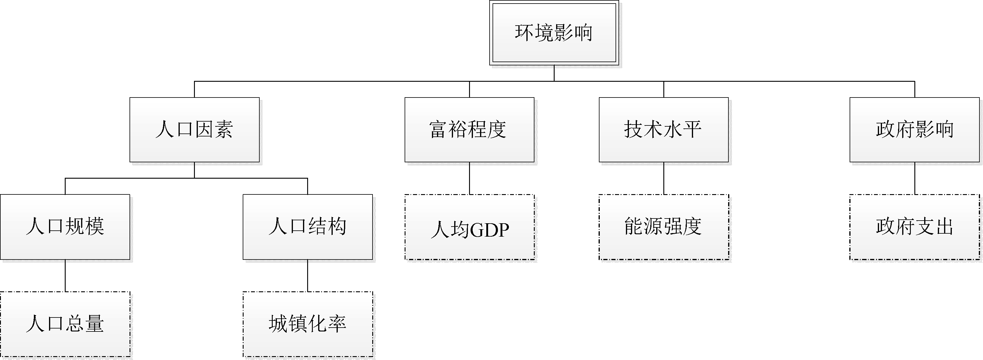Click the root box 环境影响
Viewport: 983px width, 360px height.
[x=554, y=33]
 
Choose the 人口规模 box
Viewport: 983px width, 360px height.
[x=65, y=227]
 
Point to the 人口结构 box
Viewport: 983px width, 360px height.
[x=307, y=227]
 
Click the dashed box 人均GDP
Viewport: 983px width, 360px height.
[x=469, y=227]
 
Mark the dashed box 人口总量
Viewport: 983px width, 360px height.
[x=65, y=324]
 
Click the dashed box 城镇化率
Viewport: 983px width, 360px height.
[x=307, y=324]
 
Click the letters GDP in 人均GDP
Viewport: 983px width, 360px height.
[x=490, y=230]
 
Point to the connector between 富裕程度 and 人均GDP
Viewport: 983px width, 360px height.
[x=469, y=178]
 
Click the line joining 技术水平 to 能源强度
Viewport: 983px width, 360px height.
[x=664, y=178]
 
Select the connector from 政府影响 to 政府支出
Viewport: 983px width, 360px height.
[x=915, y=178]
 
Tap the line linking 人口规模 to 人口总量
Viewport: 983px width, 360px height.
[x=65, y=276]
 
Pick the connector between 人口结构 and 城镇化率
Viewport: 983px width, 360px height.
[x=307, y=276]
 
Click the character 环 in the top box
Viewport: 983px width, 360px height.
[x=524, y=33]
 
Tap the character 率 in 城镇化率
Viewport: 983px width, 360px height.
[x=337, y=324]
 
